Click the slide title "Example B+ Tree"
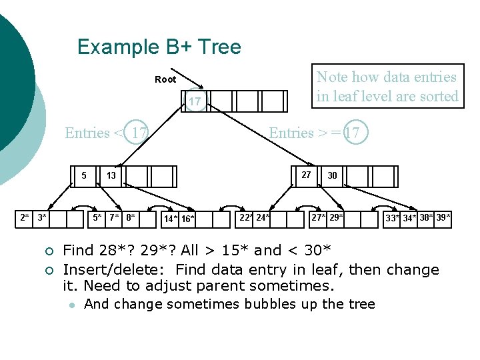(x=159, y=47)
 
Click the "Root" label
(x=165, y=79)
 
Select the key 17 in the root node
(x=194, y=101)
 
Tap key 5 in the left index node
(x=84, y=176)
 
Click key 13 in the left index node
(x=111, y=176)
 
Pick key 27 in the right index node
(x=306, y=175)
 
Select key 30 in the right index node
(x=332, y=176)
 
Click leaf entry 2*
(x=25, y=217)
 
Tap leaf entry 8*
(x=131, y=217)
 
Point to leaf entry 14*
(x=171, y=219)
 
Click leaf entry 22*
(x=246, y=217)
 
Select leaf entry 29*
(x=337, y=217)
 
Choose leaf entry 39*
(x=443, y=217)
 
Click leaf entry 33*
(x=393, y=218)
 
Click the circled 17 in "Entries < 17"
(x=139, y=133)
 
